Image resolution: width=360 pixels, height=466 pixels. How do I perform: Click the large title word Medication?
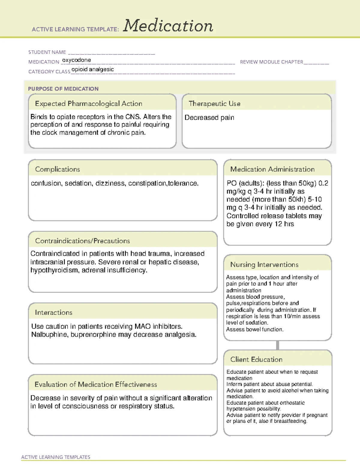tap(168, 26)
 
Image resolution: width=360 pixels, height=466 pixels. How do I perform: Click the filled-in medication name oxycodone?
tap(76, 60)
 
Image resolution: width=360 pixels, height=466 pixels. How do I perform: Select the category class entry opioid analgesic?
tap(92, 69)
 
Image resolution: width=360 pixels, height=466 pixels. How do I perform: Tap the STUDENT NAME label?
tap(47, 52)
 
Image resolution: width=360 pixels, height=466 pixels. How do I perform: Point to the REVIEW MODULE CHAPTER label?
tap(271, 62)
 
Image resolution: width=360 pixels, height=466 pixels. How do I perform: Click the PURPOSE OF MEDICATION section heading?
tap(63, 89)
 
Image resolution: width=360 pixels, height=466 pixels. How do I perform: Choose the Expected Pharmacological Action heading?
tap(88, 104)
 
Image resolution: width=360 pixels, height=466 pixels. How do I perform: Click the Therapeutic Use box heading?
tap(214, 104)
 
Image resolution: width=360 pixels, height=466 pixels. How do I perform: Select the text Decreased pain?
tap(209, 118)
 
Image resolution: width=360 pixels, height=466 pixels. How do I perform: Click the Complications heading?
tap(57, 169)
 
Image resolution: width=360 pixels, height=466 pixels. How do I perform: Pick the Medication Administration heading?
tap(272, 169)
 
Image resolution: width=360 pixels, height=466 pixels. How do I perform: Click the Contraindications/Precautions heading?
tap(82, 241)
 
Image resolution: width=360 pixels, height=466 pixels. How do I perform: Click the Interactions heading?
tap(53, 312)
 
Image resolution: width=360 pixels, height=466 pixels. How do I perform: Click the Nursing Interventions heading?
tap(264, 264)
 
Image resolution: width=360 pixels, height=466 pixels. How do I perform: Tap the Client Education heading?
tap(256, 359)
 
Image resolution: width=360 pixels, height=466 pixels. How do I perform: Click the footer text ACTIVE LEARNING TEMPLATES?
tap(55, 457)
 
